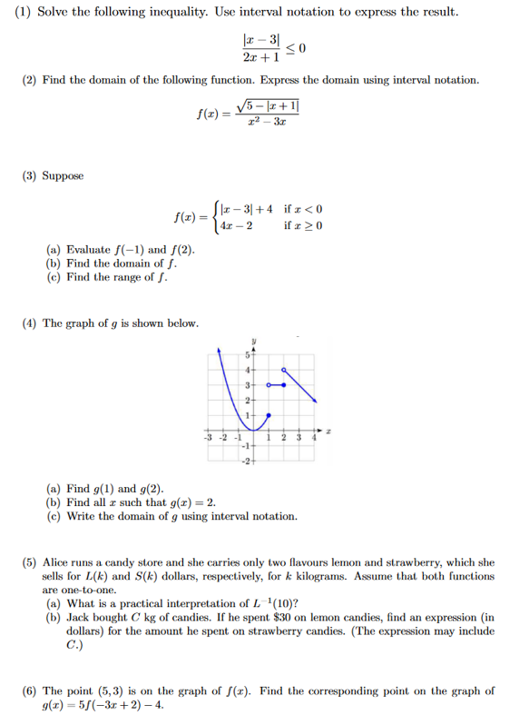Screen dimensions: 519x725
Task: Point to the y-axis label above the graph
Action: click(254, 337)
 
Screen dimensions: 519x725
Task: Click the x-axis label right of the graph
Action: click(329, 434)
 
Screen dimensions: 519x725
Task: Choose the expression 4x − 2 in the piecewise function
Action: click(239, 225)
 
